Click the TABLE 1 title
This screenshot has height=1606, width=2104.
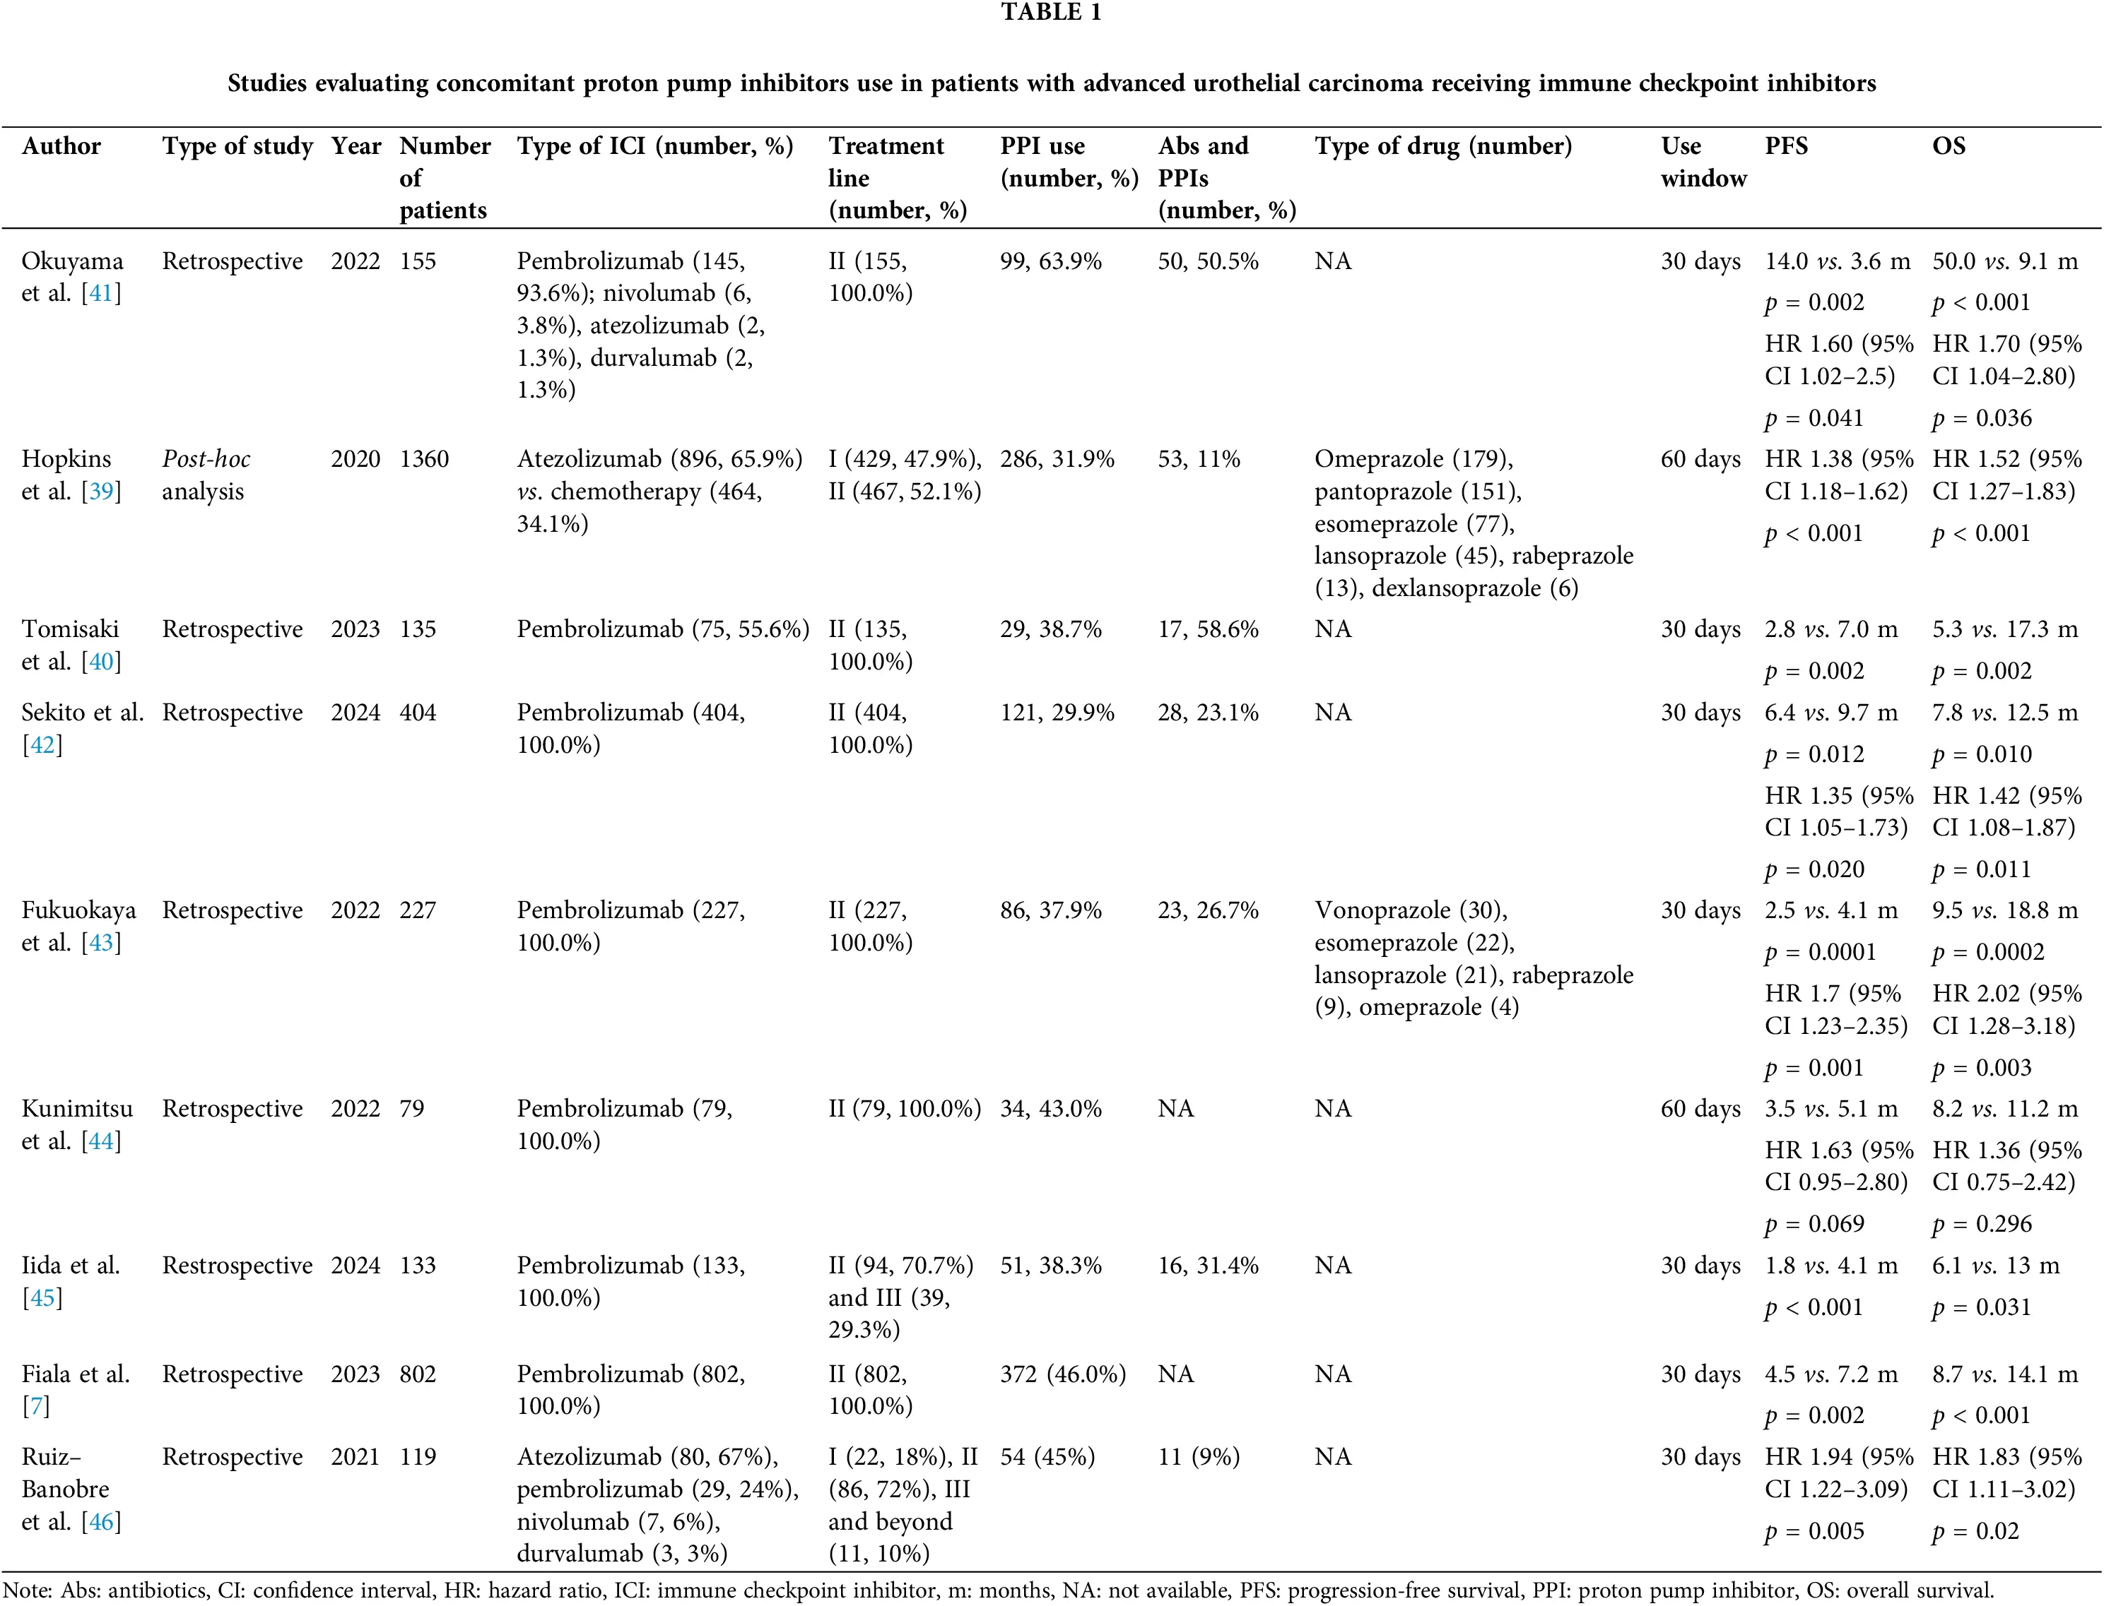[x=1051, y=13]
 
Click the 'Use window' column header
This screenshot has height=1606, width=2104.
[x=1703, y=162]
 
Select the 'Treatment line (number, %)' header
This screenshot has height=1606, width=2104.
[x=896, y=178]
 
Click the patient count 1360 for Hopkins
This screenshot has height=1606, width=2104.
[x=423, y=460]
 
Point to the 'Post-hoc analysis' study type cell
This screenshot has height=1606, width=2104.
[x=206, y=475]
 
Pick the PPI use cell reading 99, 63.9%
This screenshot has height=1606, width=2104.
[x=1050, y=262]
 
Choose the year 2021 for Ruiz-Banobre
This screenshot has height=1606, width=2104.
[x=355, y=1457]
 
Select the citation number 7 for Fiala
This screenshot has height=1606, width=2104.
[x=35, y=1406]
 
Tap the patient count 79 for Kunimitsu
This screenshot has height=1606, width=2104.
[x=411, y=1109]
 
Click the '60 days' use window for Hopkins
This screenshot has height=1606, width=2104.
[x=1700, y=460]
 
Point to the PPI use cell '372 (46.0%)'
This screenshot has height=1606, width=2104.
[x=1062, y=1374]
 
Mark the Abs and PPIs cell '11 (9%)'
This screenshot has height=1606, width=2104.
[x=1199, y=1457]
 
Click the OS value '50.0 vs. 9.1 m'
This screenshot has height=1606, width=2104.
[x=2004, y=262]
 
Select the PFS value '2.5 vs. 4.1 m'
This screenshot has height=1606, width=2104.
[x=1830, y=911]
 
